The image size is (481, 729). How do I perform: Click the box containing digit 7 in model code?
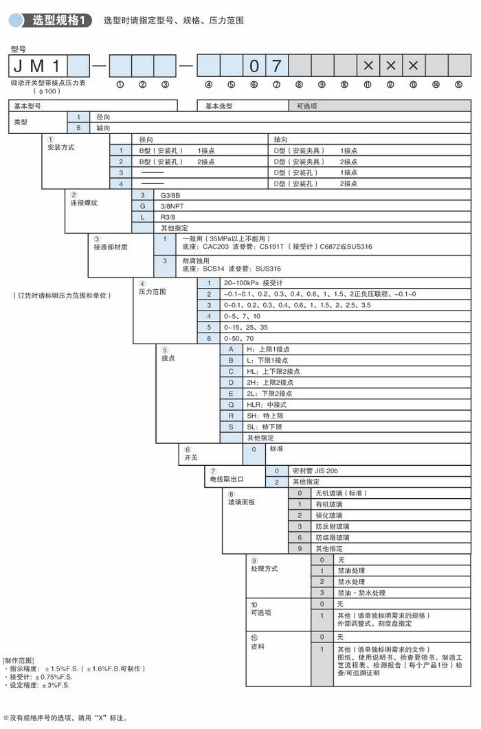coord(276,67)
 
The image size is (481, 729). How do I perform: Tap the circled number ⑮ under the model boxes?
coord(458,85)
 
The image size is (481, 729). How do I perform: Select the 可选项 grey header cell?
coord(380,106)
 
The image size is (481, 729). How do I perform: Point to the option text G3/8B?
coord(170,196)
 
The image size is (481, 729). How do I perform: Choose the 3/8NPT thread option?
coord(175,206)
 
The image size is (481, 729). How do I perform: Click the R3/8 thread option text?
coord(168,217)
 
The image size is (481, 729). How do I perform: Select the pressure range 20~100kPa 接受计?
coord(254,282)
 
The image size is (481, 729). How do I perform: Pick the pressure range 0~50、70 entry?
coord(240,338)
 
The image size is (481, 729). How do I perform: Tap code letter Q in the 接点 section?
coord(232,405)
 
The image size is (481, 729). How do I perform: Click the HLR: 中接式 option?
coord(269,405)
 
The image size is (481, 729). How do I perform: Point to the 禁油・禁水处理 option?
coord(361,592)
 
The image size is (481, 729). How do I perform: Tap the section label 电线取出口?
coord(226,478)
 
